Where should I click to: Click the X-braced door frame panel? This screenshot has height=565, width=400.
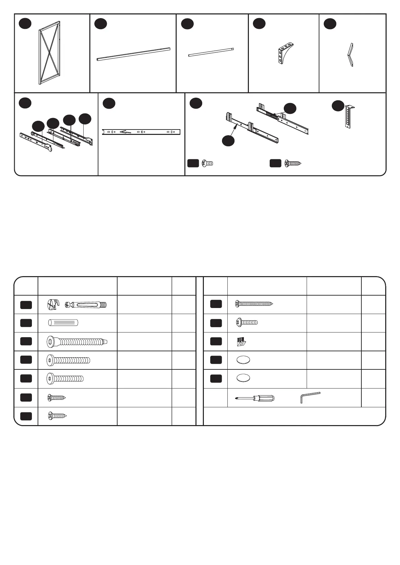tap(49, 53)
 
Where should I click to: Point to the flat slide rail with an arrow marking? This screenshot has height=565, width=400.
tap(141, 132)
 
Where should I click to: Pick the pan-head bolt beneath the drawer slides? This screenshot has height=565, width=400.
tap(208, 163)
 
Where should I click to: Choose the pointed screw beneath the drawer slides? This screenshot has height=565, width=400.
tap(293, 163)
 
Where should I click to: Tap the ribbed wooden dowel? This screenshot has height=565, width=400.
tap(63, 323)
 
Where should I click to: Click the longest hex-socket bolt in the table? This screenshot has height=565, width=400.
tap(77, 342)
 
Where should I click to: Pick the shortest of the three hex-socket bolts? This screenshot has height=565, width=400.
tap(65, 378)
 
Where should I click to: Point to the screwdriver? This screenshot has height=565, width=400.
tap(255, 398)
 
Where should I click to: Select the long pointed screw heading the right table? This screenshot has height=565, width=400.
tap(254, 304)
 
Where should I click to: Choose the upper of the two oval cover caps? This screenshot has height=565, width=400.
tap(243, 360)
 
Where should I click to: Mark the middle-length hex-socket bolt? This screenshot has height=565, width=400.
tap(68, 360)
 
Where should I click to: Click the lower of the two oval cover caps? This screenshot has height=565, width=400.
tap(243, 378)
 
